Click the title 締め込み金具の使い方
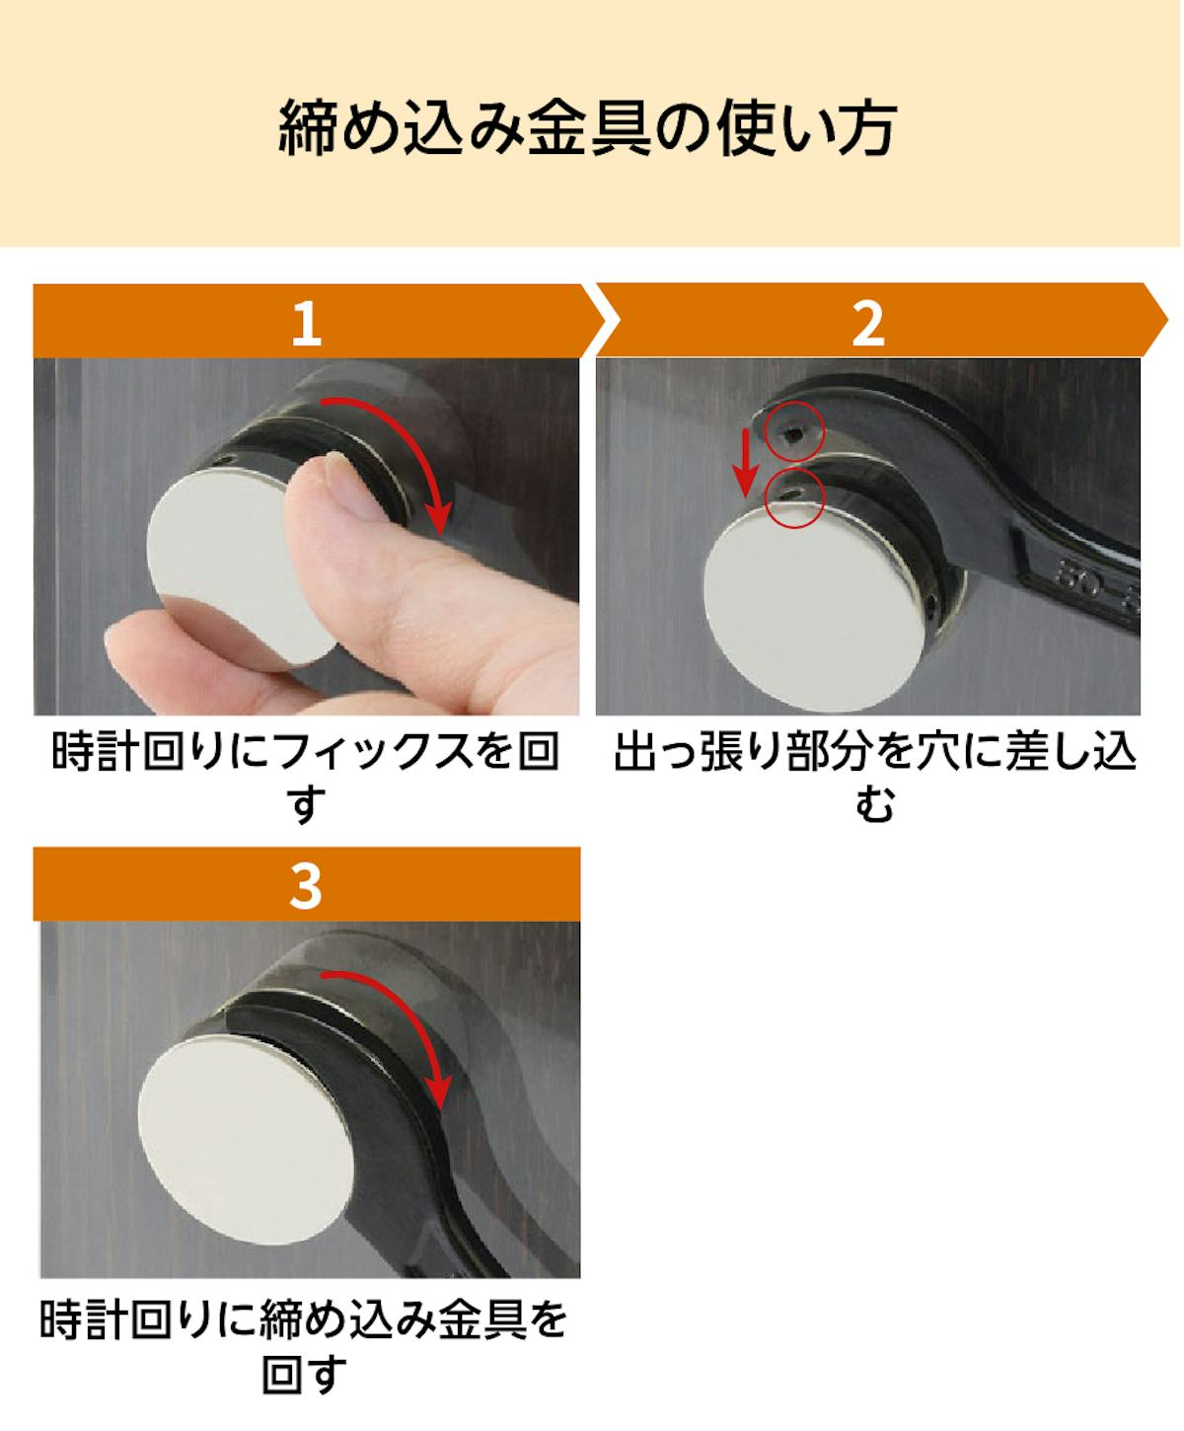click(588, 128)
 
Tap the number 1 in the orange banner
click(306, 323)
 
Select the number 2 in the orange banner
click(869, 323)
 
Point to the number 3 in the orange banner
click(306, 886)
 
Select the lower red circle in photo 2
click(795, 498)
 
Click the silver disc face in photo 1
click(233, 568)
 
